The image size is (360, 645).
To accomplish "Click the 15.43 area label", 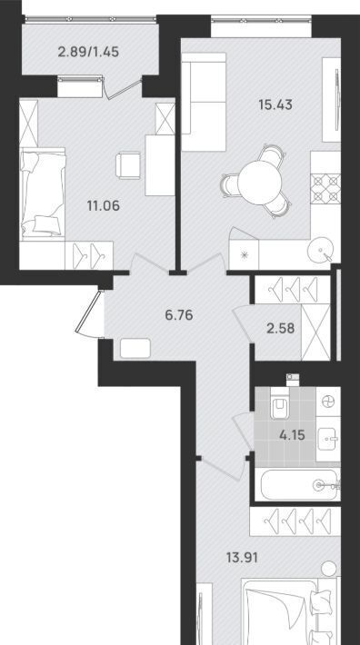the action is tap(275, 104).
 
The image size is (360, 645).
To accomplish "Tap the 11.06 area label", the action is tap(104, 205).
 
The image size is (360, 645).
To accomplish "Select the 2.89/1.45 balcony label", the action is tap(88, 53).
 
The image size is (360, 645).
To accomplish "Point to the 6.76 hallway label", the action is tap(179, 315).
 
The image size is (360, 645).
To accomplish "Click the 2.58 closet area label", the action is tap(281, 328).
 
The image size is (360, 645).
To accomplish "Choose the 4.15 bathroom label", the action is tap(292, 435).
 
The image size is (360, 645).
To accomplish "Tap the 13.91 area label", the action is tap(243, 558).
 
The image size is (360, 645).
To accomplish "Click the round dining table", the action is tap(260, 181).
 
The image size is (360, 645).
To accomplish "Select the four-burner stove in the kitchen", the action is tap(325, 189).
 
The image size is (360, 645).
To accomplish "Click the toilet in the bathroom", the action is tap(282, 406).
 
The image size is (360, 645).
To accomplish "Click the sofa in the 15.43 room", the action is tap(204, 102).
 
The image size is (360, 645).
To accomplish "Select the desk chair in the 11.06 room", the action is tap(128, 165).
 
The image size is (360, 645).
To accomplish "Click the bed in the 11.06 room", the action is tap(43, 192).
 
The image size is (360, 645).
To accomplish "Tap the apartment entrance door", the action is tap(87, 313).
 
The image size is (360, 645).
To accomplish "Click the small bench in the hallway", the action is tap(135, 348).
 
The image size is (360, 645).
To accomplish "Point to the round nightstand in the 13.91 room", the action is tap(329, 569).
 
